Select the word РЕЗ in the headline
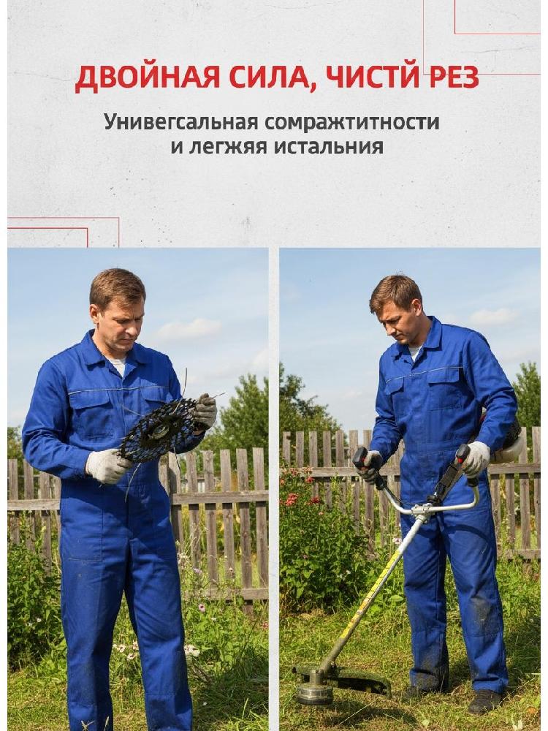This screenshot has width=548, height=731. point(454,77)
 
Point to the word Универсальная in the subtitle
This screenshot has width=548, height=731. point(181,122)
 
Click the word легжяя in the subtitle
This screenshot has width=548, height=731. point(228,147)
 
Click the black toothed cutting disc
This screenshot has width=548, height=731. point(159,430)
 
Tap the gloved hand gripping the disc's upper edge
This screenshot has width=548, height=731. point(205,410)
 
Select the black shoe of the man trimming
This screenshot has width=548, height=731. point(484,701)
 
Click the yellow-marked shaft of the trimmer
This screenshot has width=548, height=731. point(373,593)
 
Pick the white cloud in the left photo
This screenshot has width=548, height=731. point(188,329)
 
